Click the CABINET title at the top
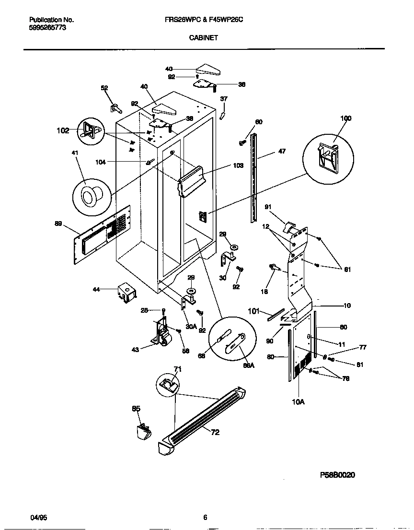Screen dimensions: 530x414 [207, 37]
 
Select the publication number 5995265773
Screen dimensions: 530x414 [48, 28]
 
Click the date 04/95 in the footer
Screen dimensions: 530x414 [37, 518]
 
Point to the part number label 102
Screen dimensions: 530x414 [62, 130]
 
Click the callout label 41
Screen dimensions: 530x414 [74, 153]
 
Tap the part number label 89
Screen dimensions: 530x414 [58, 223]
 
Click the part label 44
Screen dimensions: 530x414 [96, 289]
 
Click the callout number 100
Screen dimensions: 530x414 [345, 118]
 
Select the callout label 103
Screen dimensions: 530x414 [238, 165]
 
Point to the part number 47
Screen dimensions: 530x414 [282, 151]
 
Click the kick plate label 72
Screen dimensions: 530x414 [215, 432]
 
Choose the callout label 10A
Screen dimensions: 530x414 [298, 402]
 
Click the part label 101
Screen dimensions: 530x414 [253, 311]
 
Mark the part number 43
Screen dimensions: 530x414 [136, 350]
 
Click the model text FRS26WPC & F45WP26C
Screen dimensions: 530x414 [207, 20]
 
